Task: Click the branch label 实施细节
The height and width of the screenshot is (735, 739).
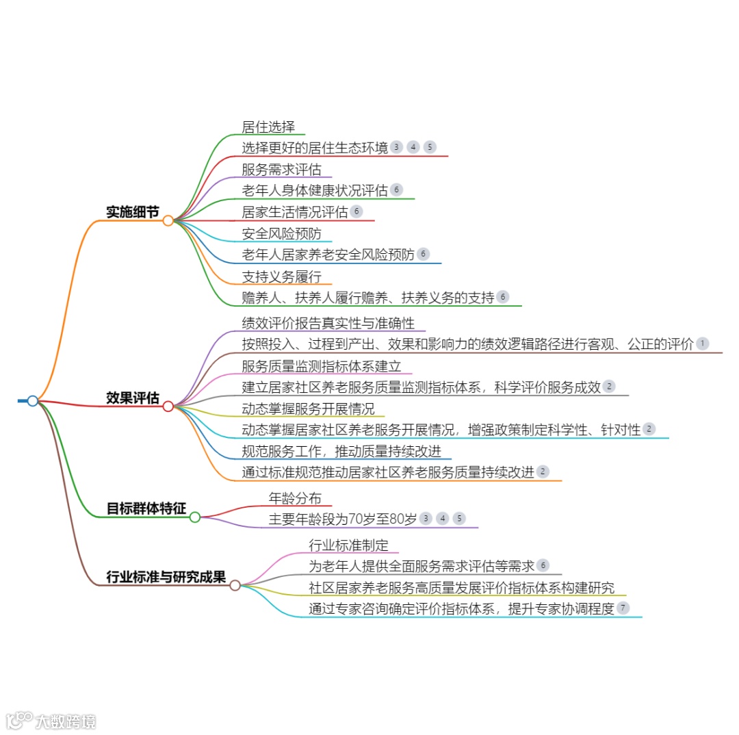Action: click(x=132, y=212)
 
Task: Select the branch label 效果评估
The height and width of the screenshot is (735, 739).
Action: click(x=132, y=398)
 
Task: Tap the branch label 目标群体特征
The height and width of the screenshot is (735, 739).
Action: click(x=146, y=508)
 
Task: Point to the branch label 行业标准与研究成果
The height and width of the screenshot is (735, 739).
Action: click(x=166, y=577)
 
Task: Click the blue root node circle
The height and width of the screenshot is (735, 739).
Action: click(x=32, y=400)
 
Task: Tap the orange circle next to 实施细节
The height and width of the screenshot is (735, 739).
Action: click(x=168, y=220)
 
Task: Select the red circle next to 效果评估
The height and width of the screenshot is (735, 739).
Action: click(x=168, y=407)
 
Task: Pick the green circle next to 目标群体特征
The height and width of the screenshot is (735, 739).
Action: click(x=194, y=517)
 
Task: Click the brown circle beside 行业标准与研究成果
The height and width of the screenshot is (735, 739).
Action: click(x=235, y=585)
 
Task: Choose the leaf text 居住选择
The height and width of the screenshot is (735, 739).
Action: click(x=268, y=127)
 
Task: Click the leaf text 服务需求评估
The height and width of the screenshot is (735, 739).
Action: click(x=281, y=169)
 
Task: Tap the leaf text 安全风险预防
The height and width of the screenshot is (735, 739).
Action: click(x=281, y=233)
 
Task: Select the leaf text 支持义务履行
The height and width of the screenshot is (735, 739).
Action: click(x=281, y=276)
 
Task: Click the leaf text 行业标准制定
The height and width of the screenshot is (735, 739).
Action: click(x=348, y=545)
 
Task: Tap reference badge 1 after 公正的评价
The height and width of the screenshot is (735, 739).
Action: click(x=702, y=344)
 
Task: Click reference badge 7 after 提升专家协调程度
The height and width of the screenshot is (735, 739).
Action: click(x=623, y=608)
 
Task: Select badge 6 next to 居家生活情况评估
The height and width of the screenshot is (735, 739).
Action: click(x=356, y=211)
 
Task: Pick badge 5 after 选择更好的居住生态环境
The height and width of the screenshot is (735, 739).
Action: click(x=429, y=147)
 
